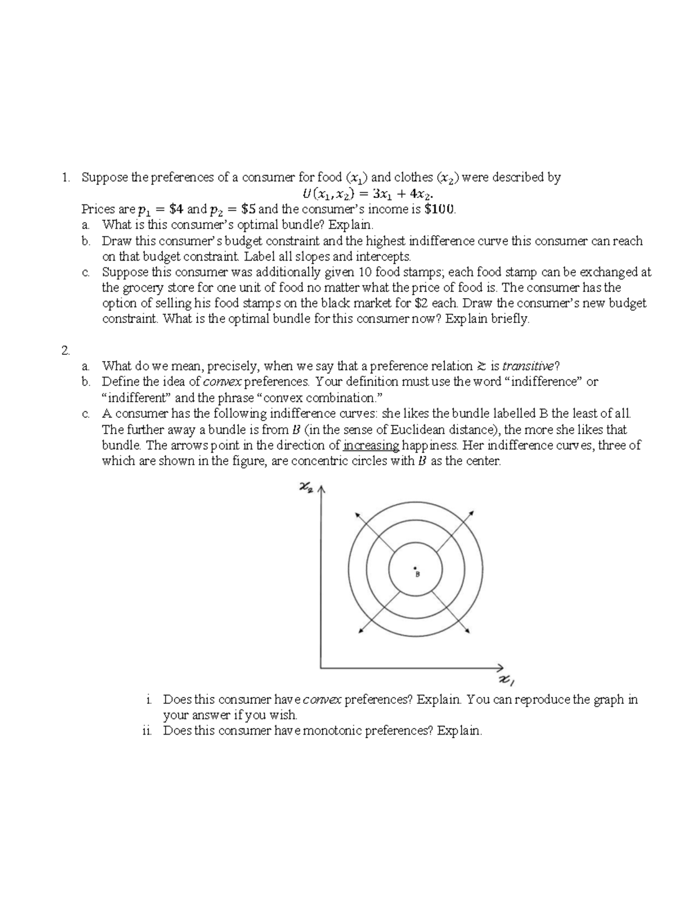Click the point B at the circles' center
[415, 567]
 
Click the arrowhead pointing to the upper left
[356, 513]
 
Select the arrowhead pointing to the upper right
[472, 513]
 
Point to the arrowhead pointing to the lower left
[361, 630]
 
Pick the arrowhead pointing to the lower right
[468, 632]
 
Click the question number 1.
[66, 178]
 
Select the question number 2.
[66, 350]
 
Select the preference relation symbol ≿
[481, 366]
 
